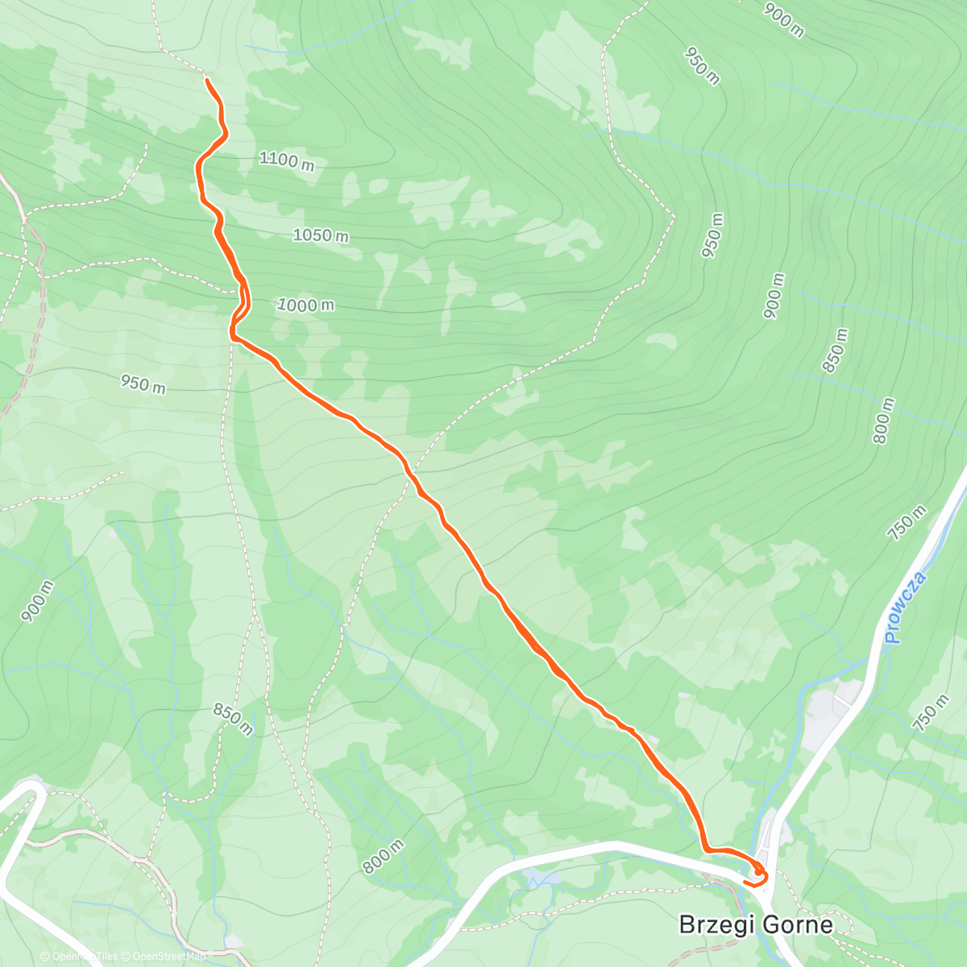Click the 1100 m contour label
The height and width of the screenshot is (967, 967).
[x=286, y=160]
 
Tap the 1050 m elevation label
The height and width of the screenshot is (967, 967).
[x=320, y=235]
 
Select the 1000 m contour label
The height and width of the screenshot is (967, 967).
[x=305, y=305]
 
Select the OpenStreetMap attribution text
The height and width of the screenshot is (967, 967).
[x=169, y=957]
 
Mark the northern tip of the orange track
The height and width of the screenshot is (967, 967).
[x=207, y=81]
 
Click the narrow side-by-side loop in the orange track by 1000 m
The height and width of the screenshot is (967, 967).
[x=241, y=306]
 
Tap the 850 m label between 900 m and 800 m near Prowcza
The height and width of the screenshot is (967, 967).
[x=836, y=351]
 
